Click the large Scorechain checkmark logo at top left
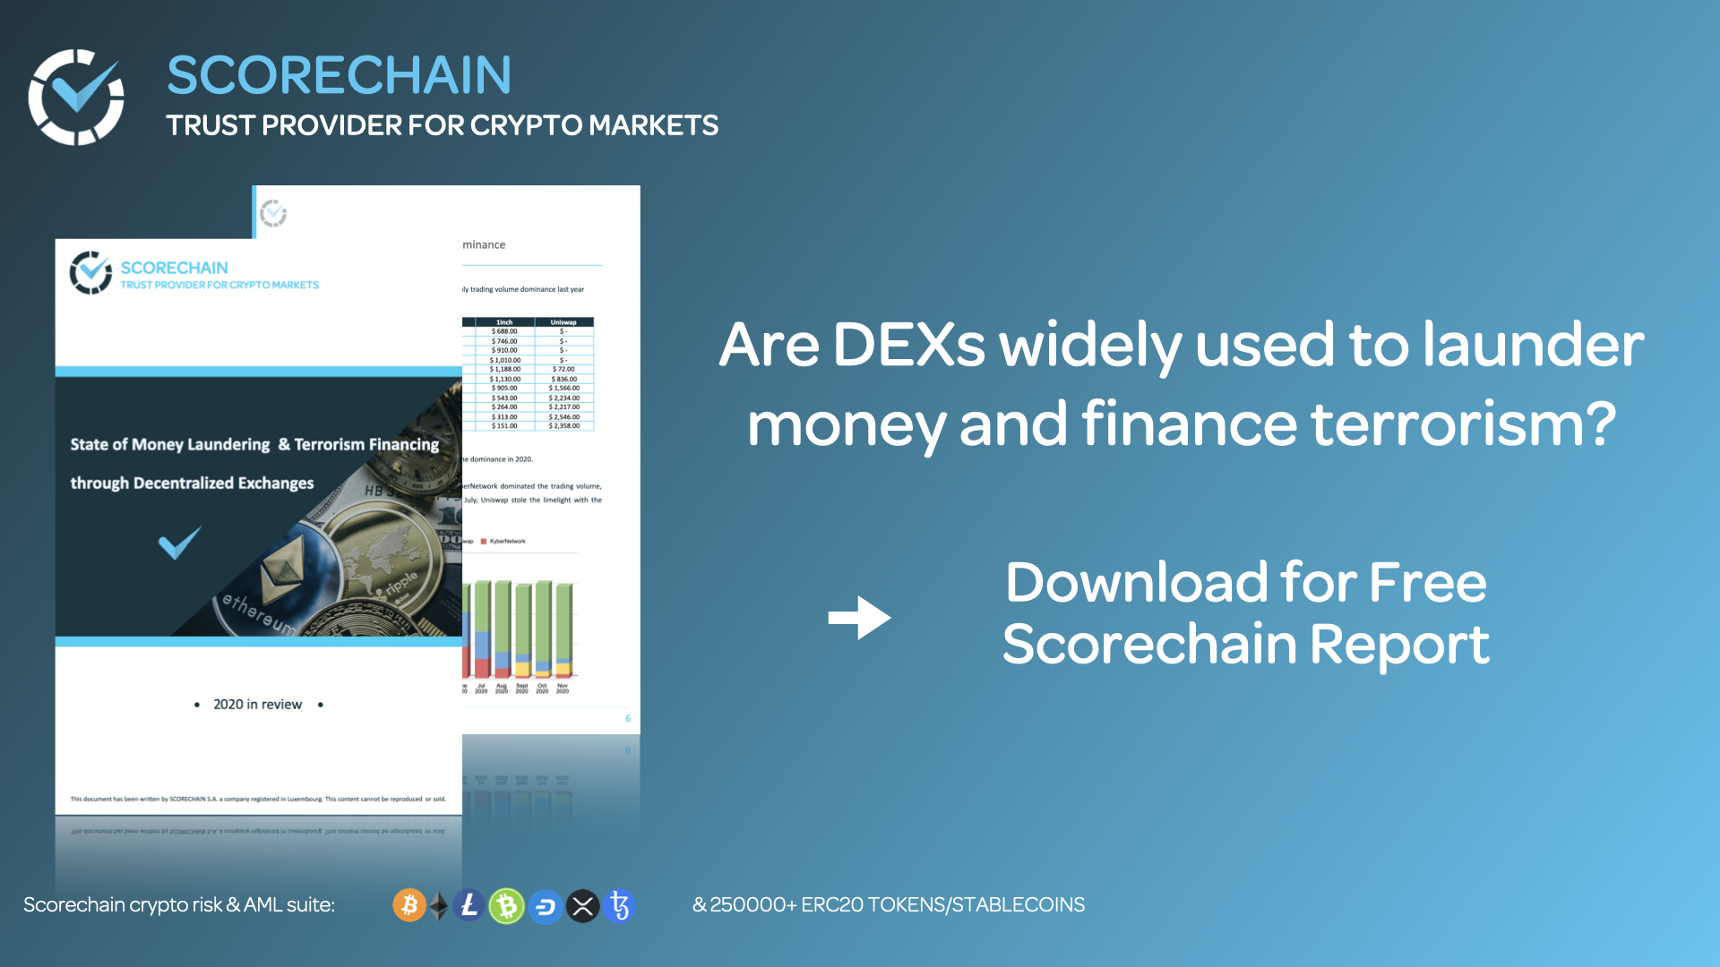point(76,97)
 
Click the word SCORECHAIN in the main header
point(339,75)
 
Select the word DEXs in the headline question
point(908,345)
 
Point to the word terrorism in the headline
point(1463,424)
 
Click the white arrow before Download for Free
point(859,618)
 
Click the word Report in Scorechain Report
point(1399,645)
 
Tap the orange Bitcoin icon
point(409,906)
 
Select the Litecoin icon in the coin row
point(469,906)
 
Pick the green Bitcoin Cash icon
point(506,906)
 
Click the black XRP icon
point(582,906)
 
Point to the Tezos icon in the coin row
point(619,906)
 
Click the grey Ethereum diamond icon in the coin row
point(439,906)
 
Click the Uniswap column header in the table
point(563,322)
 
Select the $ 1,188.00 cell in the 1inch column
point(505,369)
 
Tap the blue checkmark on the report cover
point(179,543)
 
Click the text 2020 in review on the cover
point(257,705)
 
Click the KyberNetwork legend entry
point(504,542)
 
